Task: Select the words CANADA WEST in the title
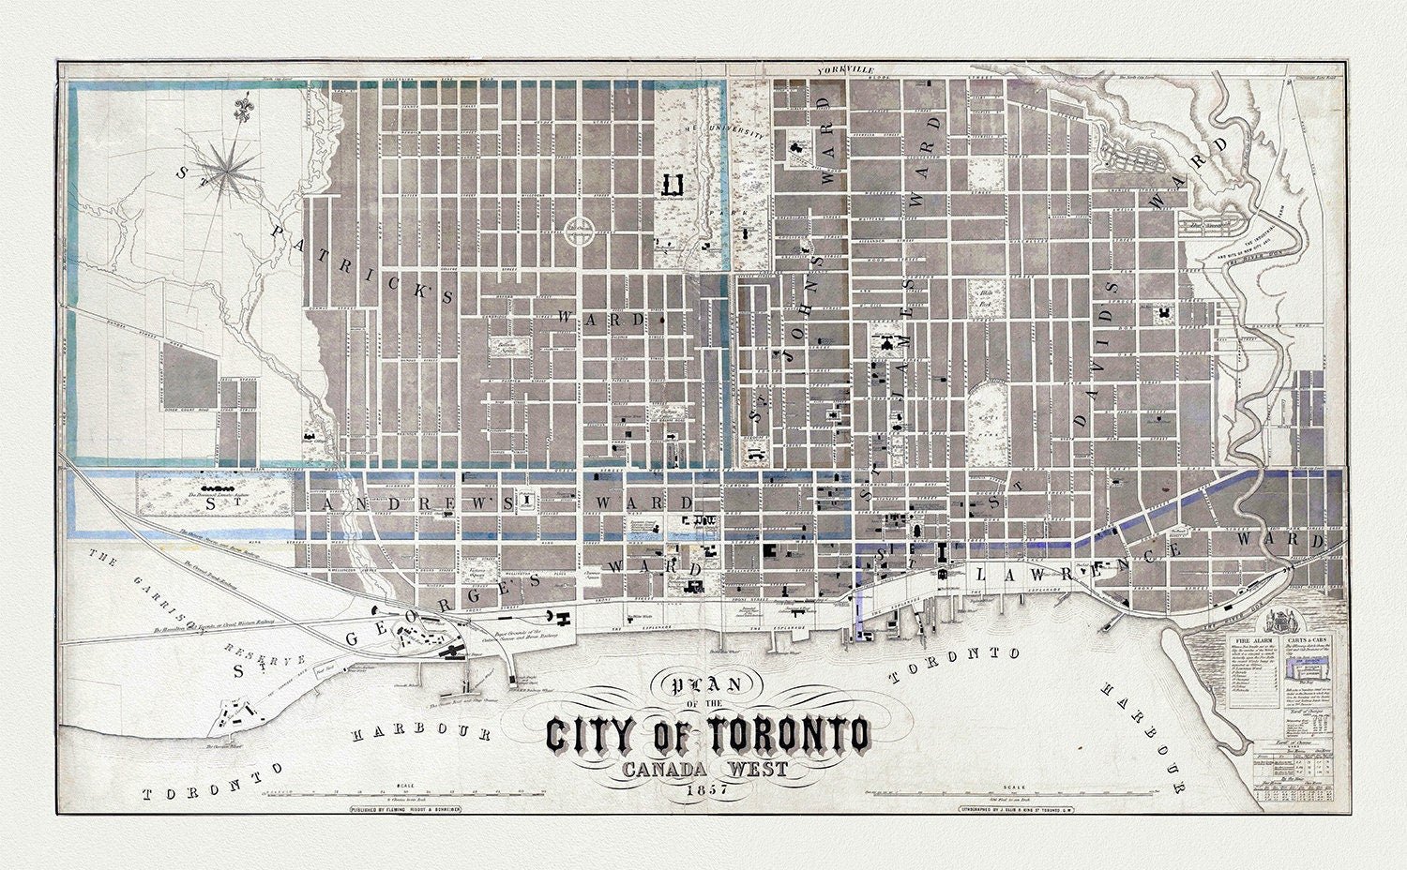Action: pos(703,767)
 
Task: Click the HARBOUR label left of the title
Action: pos(408,732)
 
